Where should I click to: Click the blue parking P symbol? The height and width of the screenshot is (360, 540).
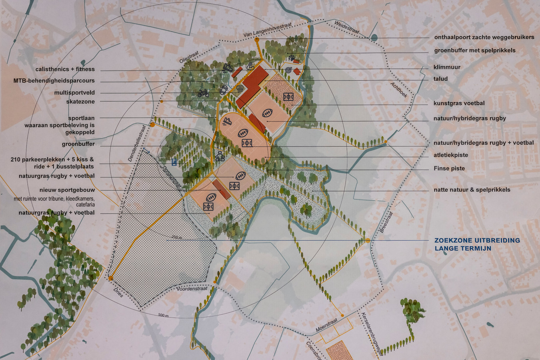(174, 162)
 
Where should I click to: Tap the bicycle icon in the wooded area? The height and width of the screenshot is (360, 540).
(203, 93)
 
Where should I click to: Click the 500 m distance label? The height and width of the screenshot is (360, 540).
(163, 316)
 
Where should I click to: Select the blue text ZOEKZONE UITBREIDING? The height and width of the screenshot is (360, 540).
(477, 240)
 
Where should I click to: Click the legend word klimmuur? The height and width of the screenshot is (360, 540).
(447, 67)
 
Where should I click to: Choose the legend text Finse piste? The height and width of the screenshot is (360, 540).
(449, 168)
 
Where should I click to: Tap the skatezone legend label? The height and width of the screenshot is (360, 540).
(80, 102)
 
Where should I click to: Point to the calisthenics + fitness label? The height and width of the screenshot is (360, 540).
(65, 69)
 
